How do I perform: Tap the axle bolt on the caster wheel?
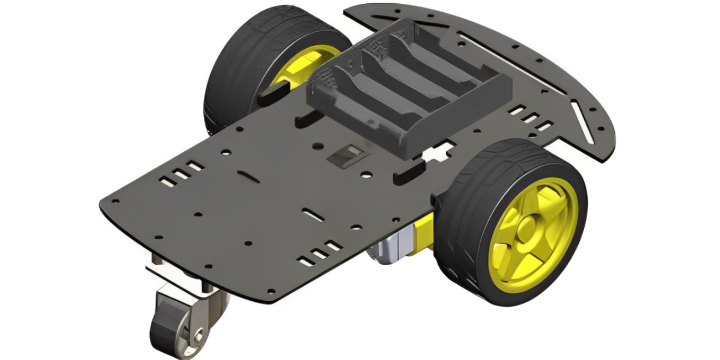tap(198, 335)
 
